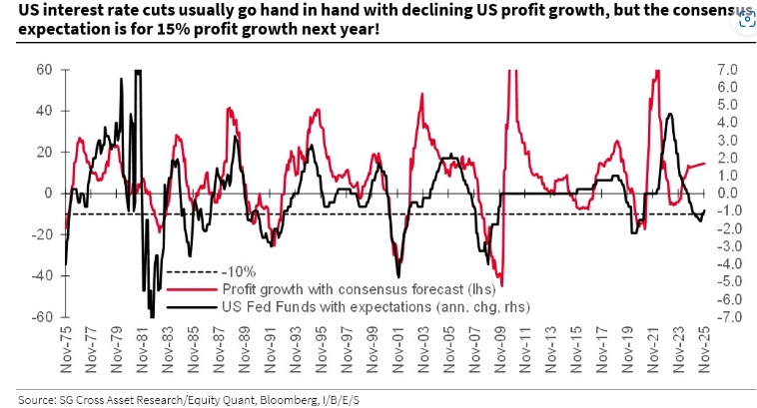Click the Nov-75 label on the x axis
(x=66, y=346)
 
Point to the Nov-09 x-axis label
(x=502, y=346)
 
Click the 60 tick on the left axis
(x=45, y=70)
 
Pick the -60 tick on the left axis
(x=41, y=317)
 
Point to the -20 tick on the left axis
(x=41, y=234)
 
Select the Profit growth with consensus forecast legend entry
(x=339, y=288)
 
